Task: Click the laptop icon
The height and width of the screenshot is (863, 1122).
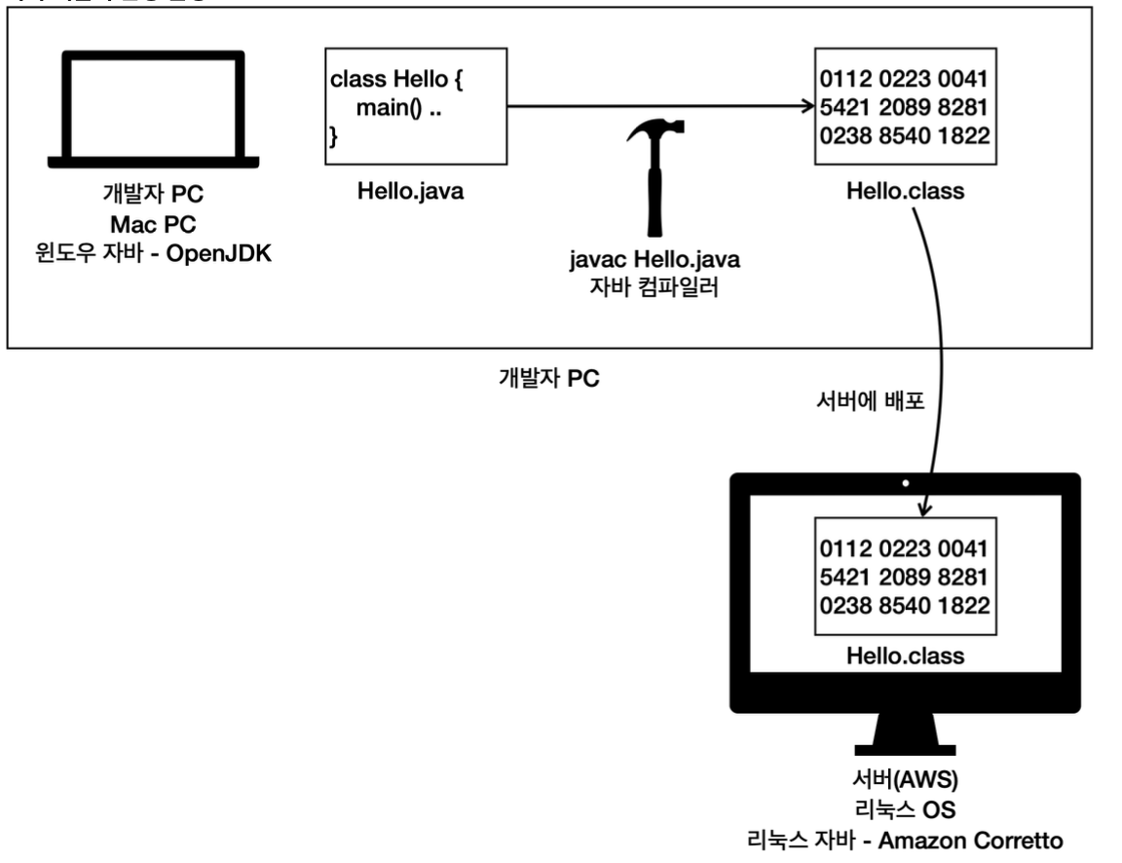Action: (x=155, y=108)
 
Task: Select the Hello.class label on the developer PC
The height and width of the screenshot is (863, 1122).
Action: (x=906, y=191)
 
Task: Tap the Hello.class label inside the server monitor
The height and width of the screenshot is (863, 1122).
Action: (x=906, y=656)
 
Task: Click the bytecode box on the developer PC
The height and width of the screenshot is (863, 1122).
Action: (x=906, y=107)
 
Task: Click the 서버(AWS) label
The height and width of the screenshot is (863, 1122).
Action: (x=906, y=780)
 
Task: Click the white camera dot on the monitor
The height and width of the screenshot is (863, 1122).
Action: (x=905, y=483)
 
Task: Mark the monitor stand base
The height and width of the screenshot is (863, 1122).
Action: (x=906, y=748)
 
